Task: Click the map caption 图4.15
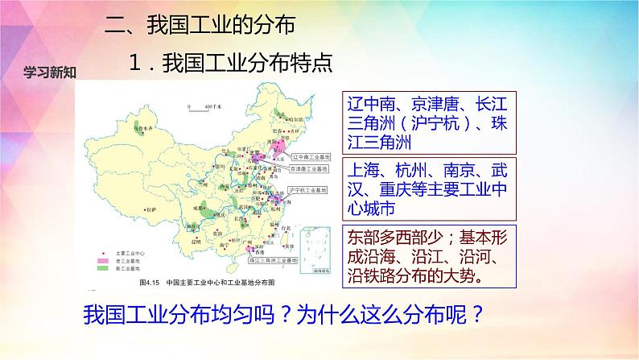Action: point(150,283)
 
